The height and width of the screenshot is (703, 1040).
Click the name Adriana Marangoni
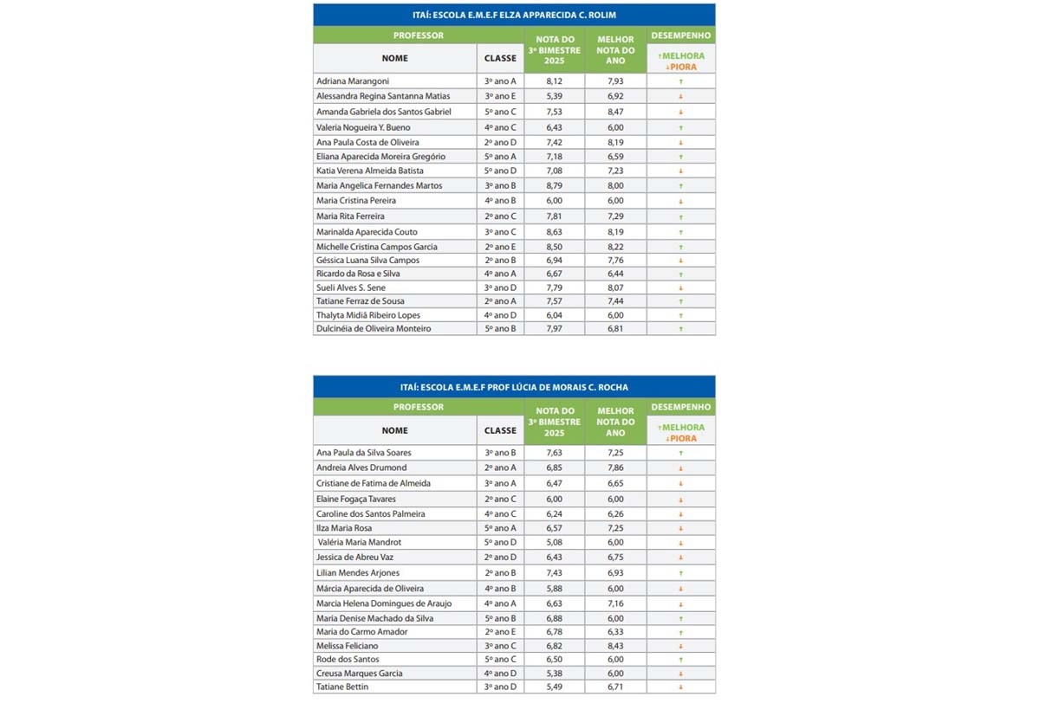click(353, 81)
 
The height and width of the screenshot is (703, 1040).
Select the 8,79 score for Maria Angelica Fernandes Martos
click(555, 185)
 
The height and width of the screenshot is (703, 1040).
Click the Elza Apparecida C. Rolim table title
click(514, 15)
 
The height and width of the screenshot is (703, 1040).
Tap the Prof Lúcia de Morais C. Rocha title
click(514, 387)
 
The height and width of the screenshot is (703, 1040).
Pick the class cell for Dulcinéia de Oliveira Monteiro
click(500, 329)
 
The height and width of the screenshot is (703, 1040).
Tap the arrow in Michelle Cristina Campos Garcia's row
click(681, 247)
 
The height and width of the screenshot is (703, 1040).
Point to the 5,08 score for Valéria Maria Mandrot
click(555, 543)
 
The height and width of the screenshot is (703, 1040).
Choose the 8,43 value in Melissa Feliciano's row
click(614, 645)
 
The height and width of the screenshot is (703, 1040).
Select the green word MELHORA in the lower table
click(684, 428)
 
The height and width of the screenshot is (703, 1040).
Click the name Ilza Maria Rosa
click(344, 528)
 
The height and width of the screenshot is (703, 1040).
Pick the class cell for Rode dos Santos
click(500, 660)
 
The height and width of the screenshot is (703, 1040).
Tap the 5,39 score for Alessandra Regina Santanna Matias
click(555, 95)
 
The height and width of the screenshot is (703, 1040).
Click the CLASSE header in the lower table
click(500, 430)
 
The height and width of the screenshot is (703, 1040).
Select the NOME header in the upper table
click(394, 58)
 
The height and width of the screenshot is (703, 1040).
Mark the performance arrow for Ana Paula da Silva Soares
click(681, 453)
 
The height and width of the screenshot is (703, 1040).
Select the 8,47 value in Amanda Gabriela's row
click(614, 112)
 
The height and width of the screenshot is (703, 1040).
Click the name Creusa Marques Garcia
click(359, 674)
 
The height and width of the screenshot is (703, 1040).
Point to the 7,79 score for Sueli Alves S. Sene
click(555, 287)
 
